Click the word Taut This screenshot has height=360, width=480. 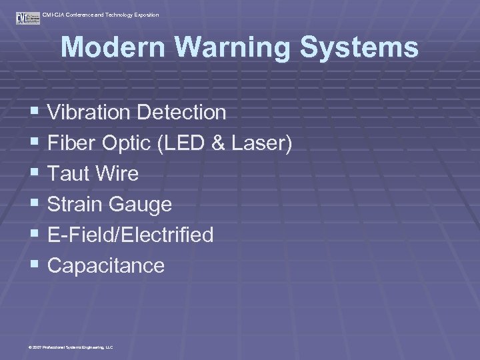(x=70, y=174)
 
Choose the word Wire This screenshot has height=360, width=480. (x=118, y=174)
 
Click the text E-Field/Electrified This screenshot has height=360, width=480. (x=131, y=235)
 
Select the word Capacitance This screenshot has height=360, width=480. (x=106, y=265)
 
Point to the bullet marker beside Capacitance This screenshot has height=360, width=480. (x=35, y=265)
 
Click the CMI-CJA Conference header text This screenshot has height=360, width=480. (x=101, y=15)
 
